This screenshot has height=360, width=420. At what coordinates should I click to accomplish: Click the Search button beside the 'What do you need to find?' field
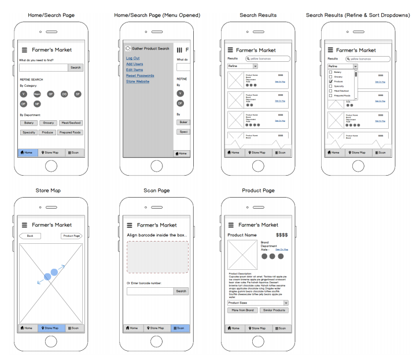click(x=76, y=68)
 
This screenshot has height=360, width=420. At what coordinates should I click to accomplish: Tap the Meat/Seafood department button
click(x=71, y=123)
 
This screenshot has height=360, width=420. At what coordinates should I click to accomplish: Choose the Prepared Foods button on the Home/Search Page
click(x=71, y=132)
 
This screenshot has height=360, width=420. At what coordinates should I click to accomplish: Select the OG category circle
click(x=64, y=94)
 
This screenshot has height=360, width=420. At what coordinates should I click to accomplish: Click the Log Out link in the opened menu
click(x=132, y=58)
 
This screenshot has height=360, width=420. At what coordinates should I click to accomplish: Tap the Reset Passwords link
click(x=140, y=76)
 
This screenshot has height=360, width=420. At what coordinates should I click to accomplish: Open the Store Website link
click(x=138, y=81)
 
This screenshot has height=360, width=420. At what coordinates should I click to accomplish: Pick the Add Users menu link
click(x=135, y=64)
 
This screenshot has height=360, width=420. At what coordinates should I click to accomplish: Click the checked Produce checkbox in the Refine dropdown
click(x=330, y=81)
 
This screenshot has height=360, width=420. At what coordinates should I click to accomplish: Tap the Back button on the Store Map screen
click(x=30, y=236)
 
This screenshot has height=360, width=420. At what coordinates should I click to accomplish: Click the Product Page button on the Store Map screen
click(x=72, y=236)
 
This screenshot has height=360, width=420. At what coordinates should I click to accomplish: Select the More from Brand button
click(x=242, y=310)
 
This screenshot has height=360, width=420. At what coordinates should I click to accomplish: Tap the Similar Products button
click(x=274, y=310)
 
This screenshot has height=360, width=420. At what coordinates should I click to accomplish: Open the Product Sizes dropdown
click(x=257, y=303)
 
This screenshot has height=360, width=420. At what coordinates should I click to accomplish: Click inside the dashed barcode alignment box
click(x=157, y=257)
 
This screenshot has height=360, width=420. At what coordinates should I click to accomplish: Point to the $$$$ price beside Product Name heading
click(x=282, y=235)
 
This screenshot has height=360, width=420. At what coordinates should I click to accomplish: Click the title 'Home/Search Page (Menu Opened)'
click(x=157, y=14)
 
